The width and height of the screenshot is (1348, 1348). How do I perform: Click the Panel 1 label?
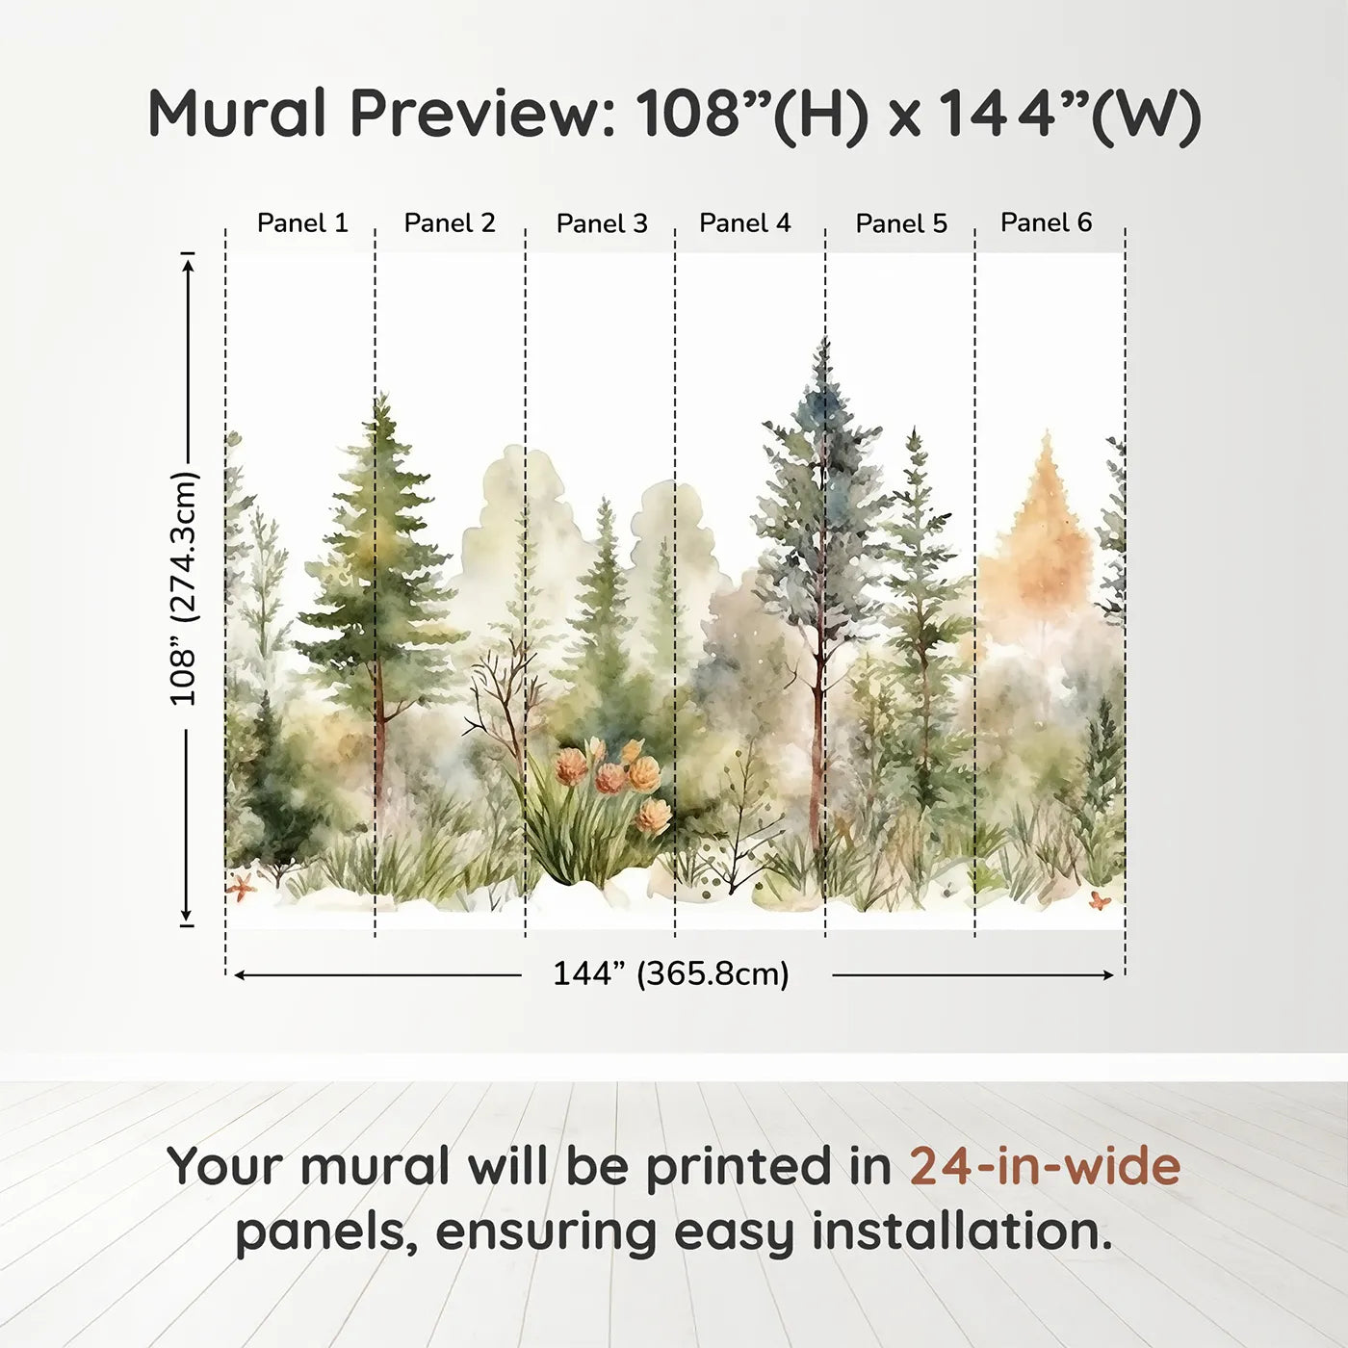pos(301,223)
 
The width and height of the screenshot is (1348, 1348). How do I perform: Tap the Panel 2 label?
pos(449,223)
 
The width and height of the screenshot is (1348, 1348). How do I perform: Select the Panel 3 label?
pos(602,224)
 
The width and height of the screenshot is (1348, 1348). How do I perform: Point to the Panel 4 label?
pos(744,223)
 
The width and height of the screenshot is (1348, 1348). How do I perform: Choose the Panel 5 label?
pos(901,224)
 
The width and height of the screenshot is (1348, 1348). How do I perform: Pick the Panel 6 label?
pos(1046,222)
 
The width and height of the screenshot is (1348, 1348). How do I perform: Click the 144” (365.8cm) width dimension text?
pos(670,973)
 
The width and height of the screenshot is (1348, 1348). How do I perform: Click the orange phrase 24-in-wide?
pos(1045,1166)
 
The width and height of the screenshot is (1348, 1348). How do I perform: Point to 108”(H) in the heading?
pos(752,115)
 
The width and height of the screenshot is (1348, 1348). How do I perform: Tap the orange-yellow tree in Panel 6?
pos(1040,539)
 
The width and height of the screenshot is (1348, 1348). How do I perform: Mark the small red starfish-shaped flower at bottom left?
pos(240,886)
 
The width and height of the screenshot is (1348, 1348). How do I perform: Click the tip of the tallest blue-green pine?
pos(824,343)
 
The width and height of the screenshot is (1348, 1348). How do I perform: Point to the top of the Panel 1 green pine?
pos(383,397)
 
